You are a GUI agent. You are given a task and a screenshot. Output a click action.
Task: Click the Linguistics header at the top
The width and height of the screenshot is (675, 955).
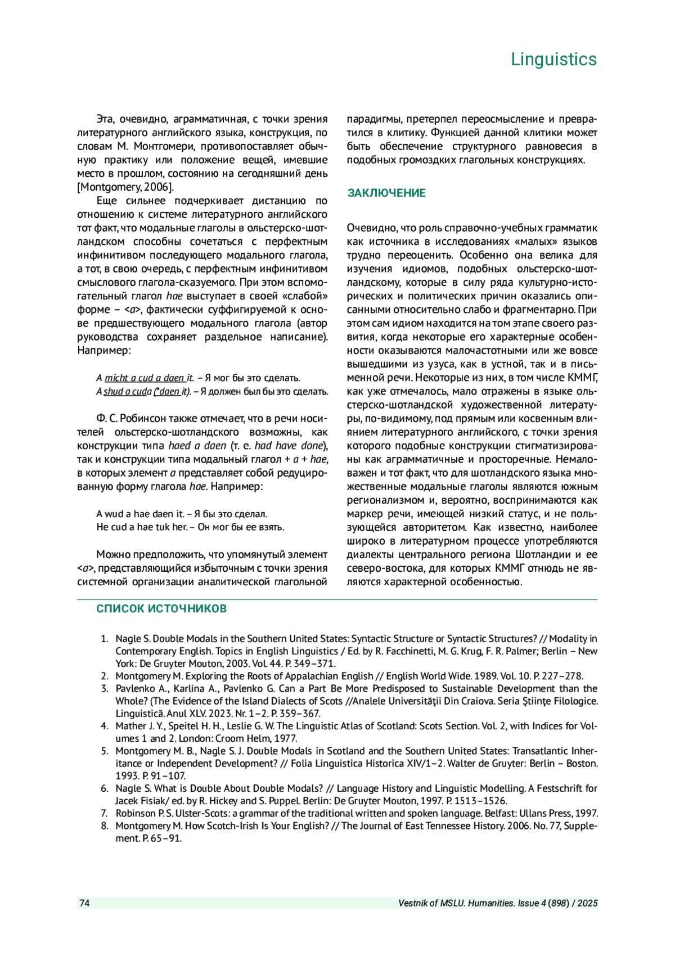[x=553, y=59]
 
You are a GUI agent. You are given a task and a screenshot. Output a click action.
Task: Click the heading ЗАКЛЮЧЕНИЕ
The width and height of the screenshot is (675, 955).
[x=386, y=193]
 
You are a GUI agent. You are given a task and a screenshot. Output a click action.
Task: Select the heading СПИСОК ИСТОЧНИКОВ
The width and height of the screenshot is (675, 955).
[x=161, y=608]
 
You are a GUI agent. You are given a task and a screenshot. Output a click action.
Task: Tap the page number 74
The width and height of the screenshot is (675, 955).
[x=84, y=903]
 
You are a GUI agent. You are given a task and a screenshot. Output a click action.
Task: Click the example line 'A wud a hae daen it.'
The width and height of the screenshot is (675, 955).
[x=140, y=514]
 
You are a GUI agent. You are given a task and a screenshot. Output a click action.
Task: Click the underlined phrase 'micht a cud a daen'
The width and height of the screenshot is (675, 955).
[x=145, y=378]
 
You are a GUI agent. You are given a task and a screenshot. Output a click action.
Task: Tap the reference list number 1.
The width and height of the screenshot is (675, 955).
[x=104, y=639]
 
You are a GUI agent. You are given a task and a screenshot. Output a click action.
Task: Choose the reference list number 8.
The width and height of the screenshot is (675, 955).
[x=104, y=826]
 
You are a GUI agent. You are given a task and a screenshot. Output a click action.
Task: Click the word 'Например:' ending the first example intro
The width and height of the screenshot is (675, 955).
[x=103, y=351]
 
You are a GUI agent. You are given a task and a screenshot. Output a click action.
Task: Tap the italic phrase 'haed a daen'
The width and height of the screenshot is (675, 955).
[x=197, y=446]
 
